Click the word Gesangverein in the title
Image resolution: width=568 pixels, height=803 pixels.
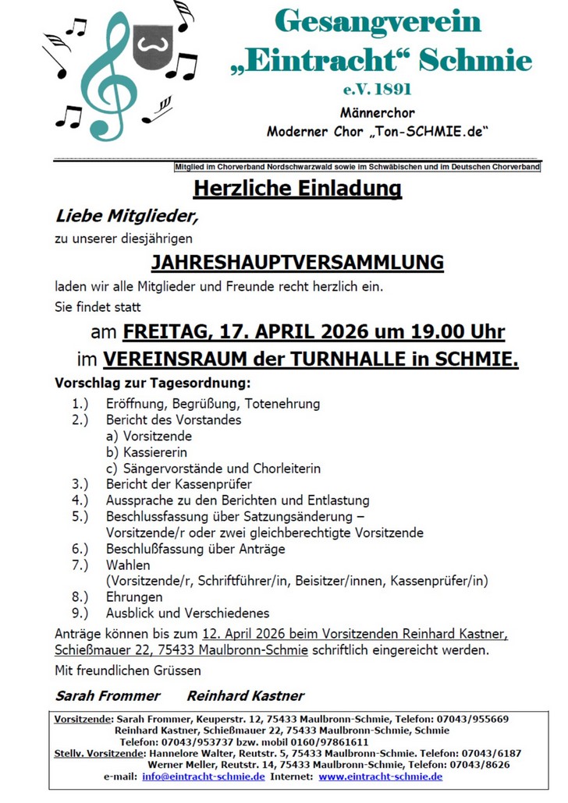point(378,21)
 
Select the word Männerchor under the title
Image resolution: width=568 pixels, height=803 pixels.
point(378,112)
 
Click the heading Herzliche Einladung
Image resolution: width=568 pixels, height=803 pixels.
point(297,189)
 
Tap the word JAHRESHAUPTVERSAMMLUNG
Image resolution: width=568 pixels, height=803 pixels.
point(297,262)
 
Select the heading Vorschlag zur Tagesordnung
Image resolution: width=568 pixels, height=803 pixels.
point(152,384)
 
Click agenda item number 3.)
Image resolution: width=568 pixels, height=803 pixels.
point(80,484)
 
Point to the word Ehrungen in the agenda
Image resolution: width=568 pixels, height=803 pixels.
point(134,597)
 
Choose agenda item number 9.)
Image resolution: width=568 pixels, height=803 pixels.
point(80,613)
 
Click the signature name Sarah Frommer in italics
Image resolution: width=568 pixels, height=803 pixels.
point(107,695)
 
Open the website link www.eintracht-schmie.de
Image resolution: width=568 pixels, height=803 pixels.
point(380,776)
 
